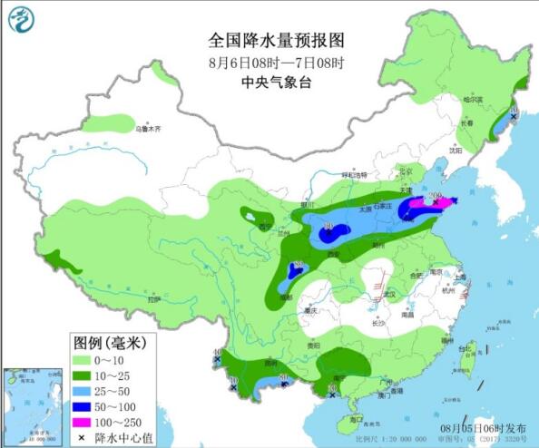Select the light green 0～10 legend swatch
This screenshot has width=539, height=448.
point(88,362)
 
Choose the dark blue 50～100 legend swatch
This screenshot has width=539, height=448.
point(88,405)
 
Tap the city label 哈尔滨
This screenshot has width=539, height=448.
point(474,99)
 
